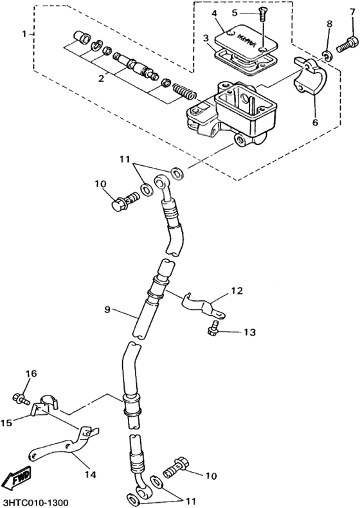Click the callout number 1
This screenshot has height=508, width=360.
(x=24, y=33)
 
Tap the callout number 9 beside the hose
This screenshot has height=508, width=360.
(x=109, y=309)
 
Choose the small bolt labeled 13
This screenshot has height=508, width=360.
(x=213, y=331)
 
